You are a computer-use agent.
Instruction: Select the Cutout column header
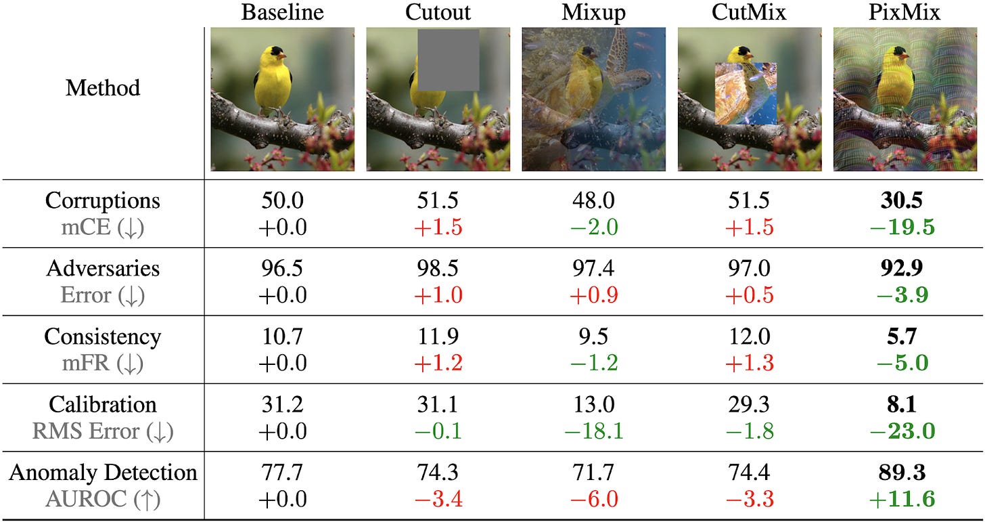[x=438, y=12]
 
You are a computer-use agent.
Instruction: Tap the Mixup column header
[x=593, y=12]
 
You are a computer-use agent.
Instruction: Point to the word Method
[x=103, y=87]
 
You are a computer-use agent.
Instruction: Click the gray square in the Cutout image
[x=448, y=60]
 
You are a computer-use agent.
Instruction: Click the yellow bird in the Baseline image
[x=273, y=80]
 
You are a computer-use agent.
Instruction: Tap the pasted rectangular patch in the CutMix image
[x=746, y=93]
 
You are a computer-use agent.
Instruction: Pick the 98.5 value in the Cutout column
[x=438, y=269]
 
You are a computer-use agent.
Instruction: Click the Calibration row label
[x=103, y=404]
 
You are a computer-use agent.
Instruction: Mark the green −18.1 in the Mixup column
[x=593, y=431]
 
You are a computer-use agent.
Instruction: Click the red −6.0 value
[x=593, y=499]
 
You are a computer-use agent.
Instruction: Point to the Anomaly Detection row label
[x=103, y=472]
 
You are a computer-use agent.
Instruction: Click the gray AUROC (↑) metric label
[x=103, y=499]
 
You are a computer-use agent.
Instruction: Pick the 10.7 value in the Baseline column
[x=283, y=336]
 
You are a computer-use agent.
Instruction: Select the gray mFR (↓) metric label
[x=103, y=364]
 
